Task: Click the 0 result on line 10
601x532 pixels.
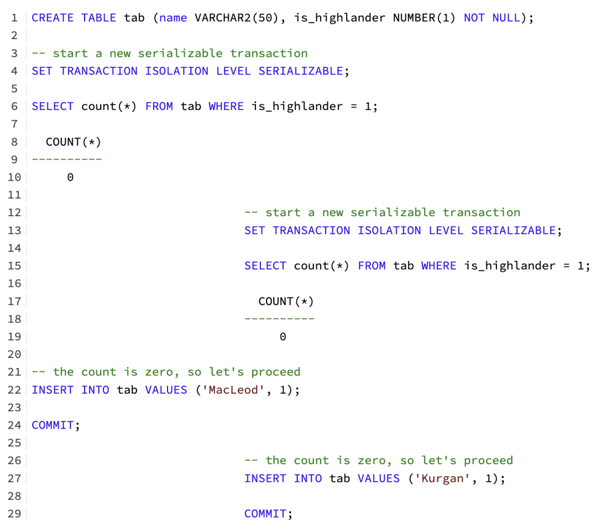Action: point(70,177)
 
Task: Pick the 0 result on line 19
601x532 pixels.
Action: point(283,337)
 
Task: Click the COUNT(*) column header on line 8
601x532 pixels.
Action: point(73,142)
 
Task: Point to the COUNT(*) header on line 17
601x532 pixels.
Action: point(286,301)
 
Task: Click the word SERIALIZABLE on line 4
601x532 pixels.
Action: point(300,71)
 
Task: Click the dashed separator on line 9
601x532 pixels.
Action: point(67,160)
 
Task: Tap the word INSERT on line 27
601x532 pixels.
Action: point(265,479)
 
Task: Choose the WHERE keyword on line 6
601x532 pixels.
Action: point(226,106)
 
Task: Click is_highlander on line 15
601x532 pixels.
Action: point(510,266)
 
